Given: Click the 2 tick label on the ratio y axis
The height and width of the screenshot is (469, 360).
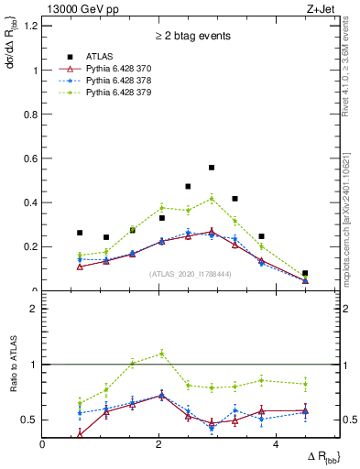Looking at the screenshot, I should click(35, 310).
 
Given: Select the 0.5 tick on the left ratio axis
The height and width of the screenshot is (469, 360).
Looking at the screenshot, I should click(31, 420).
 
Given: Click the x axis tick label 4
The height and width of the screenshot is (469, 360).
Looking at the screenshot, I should click(275, 444).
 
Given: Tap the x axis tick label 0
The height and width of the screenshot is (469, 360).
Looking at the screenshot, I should click(42, 444).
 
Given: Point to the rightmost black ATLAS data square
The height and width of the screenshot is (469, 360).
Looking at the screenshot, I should click(305, 273).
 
